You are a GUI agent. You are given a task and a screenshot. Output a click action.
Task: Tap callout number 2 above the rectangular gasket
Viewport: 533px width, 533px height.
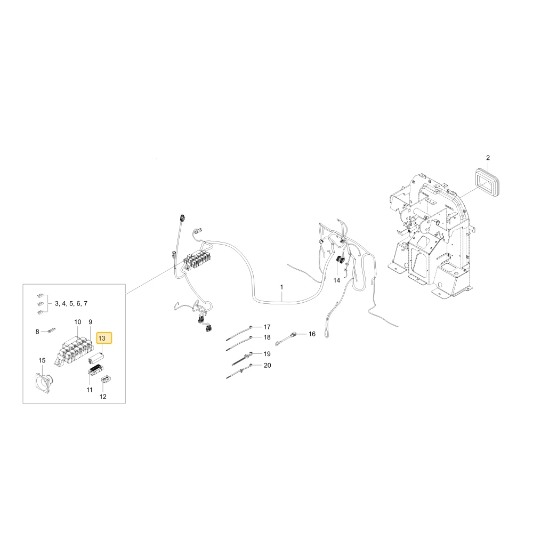pos(488,158)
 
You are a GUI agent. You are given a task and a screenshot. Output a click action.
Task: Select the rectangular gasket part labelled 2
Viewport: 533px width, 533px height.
pos(486,184)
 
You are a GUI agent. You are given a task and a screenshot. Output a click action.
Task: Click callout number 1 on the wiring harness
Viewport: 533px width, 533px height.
pos(281,287)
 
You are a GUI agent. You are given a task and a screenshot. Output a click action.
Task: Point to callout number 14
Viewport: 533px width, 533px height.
pos(336,280)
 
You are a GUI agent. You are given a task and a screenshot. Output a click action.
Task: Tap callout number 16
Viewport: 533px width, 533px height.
pos(312,334)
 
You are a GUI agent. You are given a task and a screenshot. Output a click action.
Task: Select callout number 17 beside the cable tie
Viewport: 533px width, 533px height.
pos(267,327)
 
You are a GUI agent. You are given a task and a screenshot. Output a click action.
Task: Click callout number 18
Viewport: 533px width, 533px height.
pos(267,337)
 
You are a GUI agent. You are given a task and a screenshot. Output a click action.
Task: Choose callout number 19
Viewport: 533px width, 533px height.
pos(267,354)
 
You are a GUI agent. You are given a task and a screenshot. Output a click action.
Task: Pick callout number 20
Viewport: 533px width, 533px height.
pos(268,366)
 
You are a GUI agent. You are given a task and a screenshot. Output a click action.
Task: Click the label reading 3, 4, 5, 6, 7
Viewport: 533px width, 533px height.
pos(71,304)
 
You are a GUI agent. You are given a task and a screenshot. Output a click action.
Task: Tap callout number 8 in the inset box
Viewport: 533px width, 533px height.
pos(37,332)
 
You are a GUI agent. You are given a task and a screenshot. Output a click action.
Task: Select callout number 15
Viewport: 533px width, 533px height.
pos(42,360)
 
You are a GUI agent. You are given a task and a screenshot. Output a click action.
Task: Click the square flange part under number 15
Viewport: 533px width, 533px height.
pos(44,383)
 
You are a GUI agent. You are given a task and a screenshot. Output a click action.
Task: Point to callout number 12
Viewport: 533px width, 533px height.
pos(103,397)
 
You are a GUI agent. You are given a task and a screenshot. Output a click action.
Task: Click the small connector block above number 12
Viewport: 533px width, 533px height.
pos(107,380)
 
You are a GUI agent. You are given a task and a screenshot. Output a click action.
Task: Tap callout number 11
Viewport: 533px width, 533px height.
pos(90,390)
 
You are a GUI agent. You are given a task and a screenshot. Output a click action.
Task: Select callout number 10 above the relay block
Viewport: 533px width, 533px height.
pos(78,322)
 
